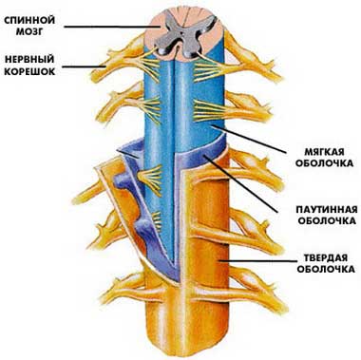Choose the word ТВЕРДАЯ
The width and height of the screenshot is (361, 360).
[x=318, y=256]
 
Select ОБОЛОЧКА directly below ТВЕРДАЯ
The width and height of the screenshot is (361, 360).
[x=318, y=270]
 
